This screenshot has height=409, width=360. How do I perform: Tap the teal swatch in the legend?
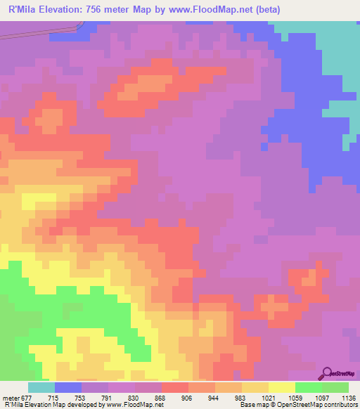[x=41, y=387]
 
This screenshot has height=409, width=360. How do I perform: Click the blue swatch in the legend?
[x=68, y=387]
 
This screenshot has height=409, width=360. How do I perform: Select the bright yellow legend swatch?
[x=282, y=387]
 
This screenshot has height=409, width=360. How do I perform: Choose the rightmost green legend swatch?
[x=335, y=387]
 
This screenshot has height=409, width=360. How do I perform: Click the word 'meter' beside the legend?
[x=9, y=397]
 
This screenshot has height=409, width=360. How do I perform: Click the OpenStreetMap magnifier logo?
[x=328, y=372]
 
